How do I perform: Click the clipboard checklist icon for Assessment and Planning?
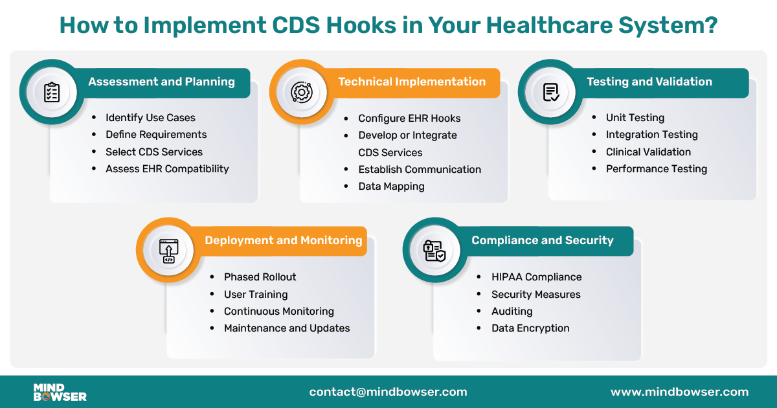(x=52, y=92)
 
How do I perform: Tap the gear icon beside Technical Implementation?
(x=302, y=92)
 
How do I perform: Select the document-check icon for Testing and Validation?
(x=551, y=92)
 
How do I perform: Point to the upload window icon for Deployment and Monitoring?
(x=168, y=250)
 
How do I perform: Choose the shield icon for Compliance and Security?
(x=434, y=250)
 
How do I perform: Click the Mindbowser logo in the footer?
(x=60, y=392)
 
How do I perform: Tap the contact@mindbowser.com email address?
(x=388, y=392)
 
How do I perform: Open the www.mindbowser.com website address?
(x=679, y=392)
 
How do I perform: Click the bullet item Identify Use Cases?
(x=150, y=118)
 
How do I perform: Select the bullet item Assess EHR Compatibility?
(x=167, y=169)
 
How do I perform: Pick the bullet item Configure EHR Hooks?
(x=409, y=119)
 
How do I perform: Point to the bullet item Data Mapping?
(x=391, y=187)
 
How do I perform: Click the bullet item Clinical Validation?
(x=648, y=152)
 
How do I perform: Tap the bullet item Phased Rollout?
(x=260, y=277)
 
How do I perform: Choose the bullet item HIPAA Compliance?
(x=536, y=277)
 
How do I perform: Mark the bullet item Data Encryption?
(x=530, y=328)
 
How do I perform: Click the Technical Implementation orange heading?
(x=412, y=82)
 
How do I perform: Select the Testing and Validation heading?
(x=649, y=82)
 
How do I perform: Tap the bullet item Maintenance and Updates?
(x=287, y=328)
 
